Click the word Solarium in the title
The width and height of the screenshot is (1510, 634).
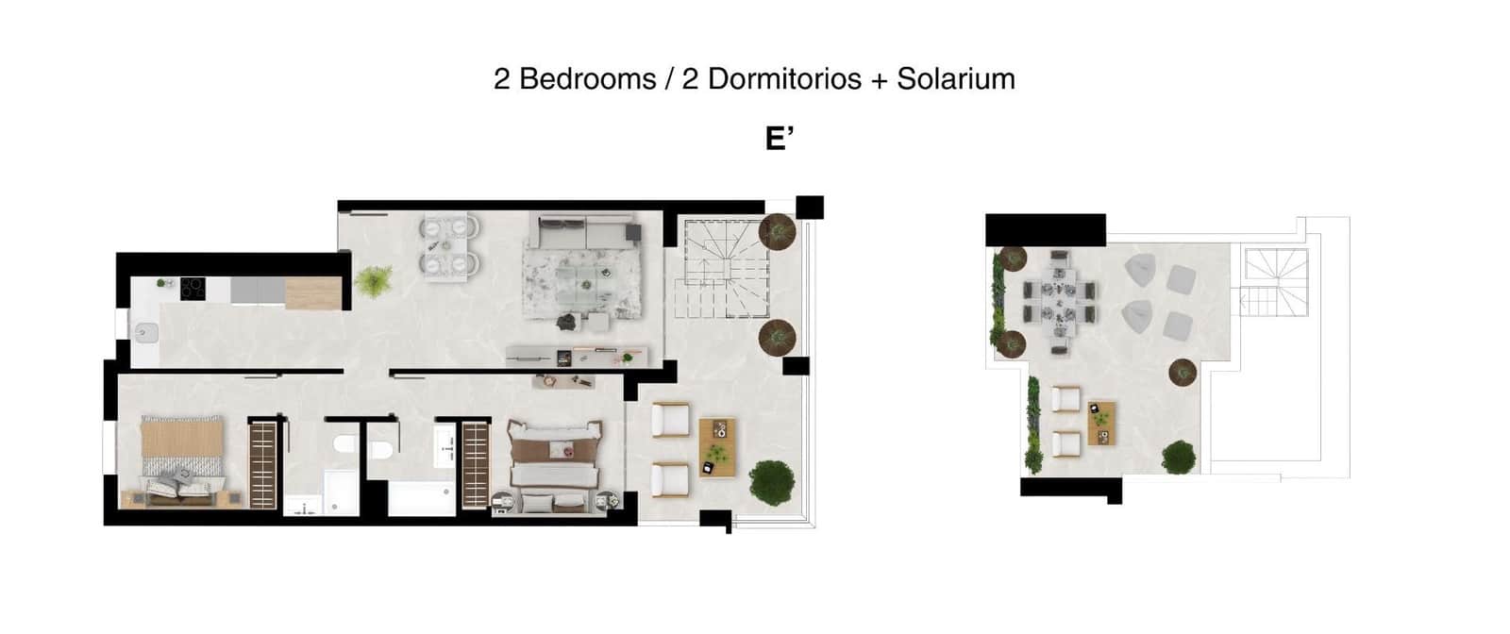pos(955,78)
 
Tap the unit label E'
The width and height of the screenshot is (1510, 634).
pos(779,139)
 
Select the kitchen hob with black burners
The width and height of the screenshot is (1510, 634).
pos(193,288)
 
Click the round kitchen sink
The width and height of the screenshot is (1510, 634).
pos(146,330)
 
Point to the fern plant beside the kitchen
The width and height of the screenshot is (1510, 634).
pos(374,281)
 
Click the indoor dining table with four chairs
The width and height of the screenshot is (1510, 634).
pos(449,247)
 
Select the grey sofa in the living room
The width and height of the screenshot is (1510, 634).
pos(585,232)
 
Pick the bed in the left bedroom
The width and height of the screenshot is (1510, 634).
pos(181,458)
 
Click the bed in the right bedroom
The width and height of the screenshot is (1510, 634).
pos(554,464)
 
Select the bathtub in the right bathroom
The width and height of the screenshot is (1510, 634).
pos(422,498)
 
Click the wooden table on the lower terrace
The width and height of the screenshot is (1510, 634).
pos(717,447)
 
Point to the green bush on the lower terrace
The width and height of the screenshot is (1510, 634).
pos(771,482)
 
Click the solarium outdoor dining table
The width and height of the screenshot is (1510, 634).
pos(1060,302)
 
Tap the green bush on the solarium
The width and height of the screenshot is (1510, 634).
pos(1178,457)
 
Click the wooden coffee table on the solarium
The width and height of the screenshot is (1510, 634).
pos(1101,423)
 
